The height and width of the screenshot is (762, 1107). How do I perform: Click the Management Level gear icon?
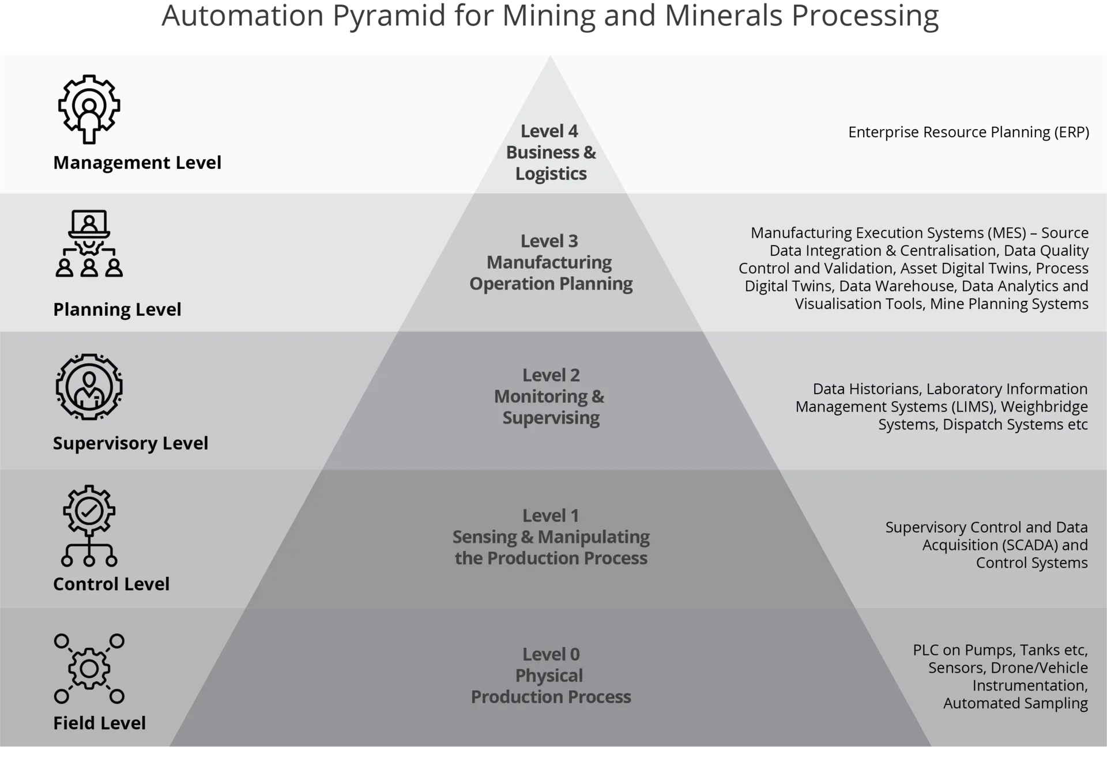[89, 109]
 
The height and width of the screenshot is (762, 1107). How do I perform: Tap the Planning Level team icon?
[89, 244]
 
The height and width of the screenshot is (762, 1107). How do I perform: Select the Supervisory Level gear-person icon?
[89, 387]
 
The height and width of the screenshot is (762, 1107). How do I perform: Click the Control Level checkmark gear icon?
[89, 525]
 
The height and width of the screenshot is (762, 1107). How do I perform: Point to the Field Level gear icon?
[89, 669]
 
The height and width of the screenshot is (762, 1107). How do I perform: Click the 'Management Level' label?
[137, 163]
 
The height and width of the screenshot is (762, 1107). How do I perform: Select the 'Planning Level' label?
[117, 310]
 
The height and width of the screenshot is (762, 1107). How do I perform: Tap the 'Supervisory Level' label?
[130, 443]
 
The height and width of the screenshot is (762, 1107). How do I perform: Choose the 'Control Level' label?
[111, 584]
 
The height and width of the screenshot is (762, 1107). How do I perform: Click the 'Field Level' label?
[99, 723]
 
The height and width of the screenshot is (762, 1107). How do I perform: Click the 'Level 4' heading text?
[549, 131]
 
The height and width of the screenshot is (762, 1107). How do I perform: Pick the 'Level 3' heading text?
[549, 241]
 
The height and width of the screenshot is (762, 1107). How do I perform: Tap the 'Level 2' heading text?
[551, 375]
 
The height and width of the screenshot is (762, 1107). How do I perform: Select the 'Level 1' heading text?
[550, 516]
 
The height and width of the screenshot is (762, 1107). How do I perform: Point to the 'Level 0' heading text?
[551, 655]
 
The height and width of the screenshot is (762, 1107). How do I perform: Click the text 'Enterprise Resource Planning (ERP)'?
[968, 133]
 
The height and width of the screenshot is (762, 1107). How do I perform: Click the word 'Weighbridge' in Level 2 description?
[1044, 407]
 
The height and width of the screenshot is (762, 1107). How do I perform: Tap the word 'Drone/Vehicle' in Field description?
[1040, 668]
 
